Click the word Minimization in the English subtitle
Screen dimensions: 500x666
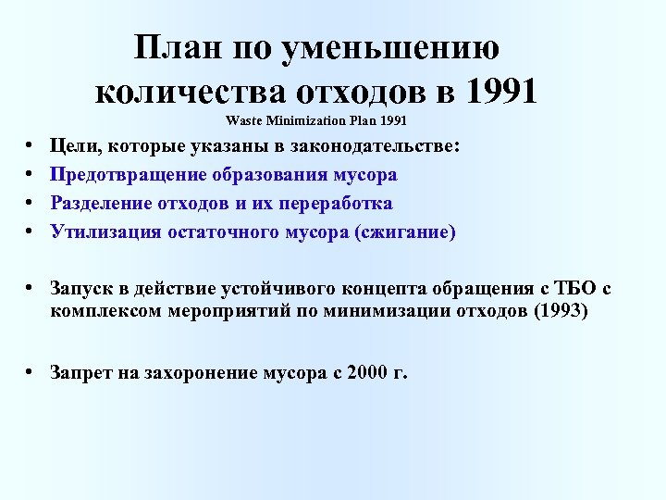coord(305,121)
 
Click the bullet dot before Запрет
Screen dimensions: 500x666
coord(31,372)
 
